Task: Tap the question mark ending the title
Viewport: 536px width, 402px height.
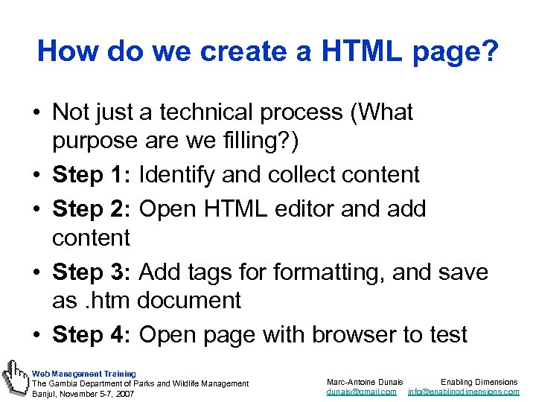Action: [490, 51]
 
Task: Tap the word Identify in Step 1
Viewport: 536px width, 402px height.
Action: [176, 175]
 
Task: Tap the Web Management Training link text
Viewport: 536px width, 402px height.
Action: [83, 373]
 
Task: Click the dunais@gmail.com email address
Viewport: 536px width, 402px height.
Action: [362, 392]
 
